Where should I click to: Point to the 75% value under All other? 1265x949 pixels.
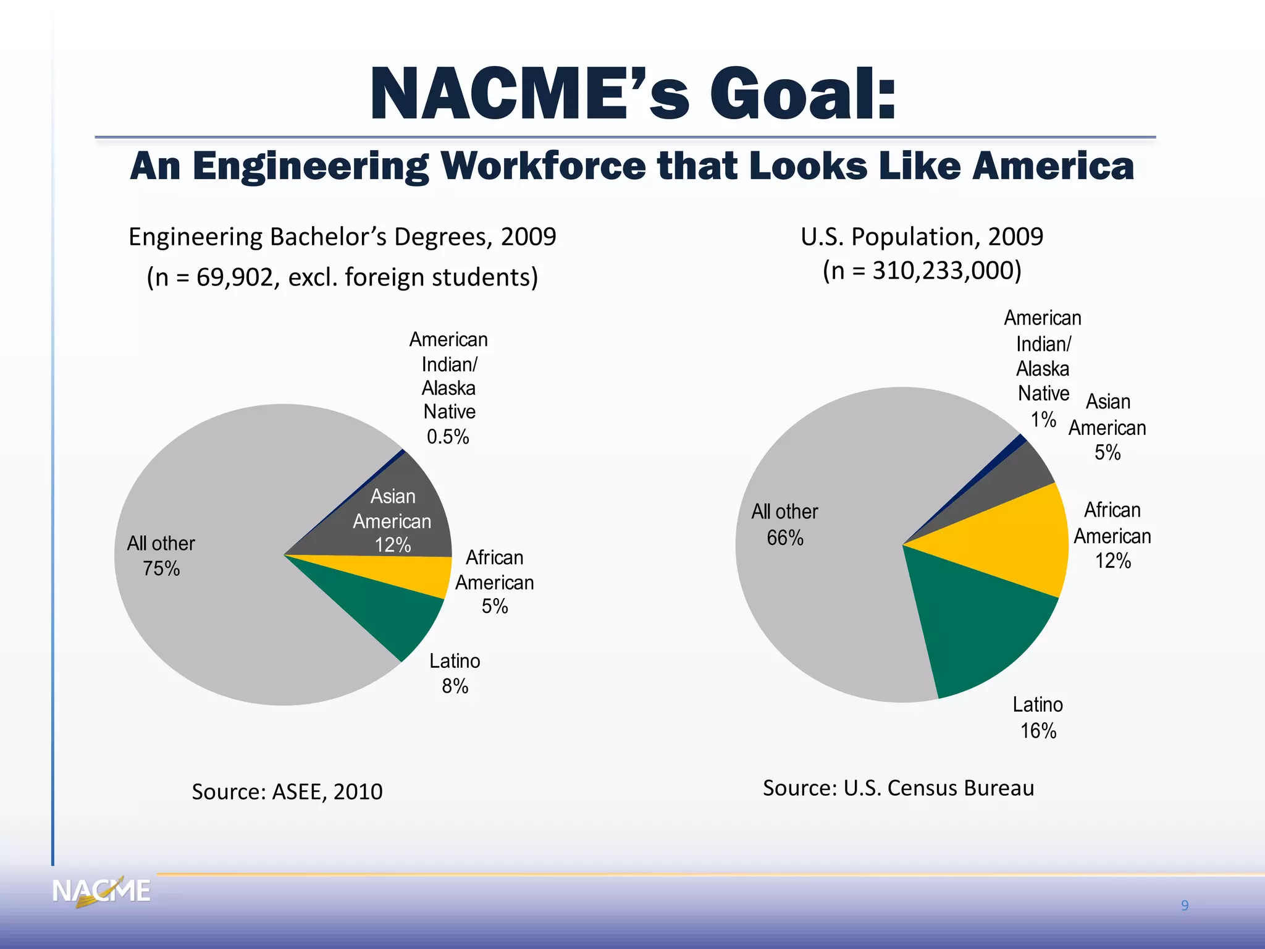point(161,568)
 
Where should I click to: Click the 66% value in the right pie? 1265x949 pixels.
point(785,538)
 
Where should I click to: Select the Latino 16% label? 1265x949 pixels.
point(1038,718)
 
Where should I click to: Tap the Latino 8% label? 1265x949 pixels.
point(455,673)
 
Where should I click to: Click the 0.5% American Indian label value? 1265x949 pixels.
point(448,437)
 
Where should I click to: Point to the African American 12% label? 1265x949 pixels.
point(1112,536)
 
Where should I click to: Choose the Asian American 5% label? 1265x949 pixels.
point(1107,428)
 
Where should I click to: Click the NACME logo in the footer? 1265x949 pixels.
point(101,892)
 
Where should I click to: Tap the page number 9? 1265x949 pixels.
point(1185,906)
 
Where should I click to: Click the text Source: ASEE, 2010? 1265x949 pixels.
point(287,791)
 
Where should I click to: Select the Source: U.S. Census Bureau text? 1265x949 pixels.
point(898,788)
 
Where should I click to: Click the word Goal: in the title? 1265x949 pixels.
point(803,95)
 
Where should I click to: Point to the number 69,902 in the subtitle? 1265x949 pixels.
point(233,277)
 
